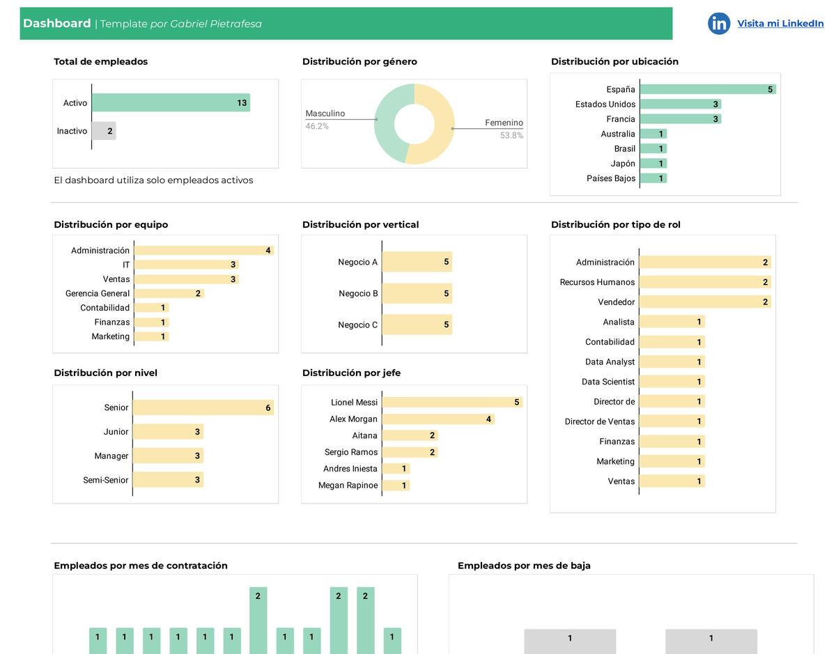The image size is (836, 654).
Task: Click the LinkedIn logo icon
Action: click(718, 24)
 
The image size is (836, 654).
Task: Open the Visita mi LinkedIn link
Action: click(780, 24)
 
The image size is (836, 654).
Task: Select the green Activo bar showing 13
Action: click(171, 103)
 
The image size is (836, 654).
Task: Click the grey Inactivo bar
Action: click(104, 131)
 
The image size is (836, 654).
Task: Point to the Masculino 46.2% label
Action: click(325, 119)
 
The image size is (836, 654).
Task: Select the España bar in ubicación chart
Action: click(707, 89)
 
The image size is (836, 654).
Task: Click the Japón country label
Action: click(623, 164)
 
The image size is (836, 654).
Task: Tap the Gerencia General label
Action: click(98, 294)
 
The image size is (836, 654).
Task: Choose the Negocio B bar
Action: click(417, 293)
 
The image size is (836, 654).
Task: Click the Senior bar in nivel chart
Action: click(203, 407)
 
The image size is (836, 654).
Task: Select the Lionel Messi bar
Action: click(451, 403)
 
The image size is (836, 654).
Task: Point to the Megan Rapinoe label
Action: click(348, 485)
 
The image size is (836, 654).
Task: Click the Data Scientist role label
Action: click(608, 382)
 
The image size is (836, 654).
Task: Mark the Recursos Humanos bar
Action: click(704, 282)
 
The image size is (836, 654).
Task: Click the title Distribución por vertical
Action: click(360, 225)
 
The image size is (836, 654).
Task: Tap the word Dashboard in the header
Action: click(56, 24)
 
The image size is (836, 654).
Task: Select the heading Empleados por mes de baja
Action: click(524, 566)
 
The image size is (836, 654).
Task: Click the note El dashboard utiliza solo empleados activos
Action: click(153, 180)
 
